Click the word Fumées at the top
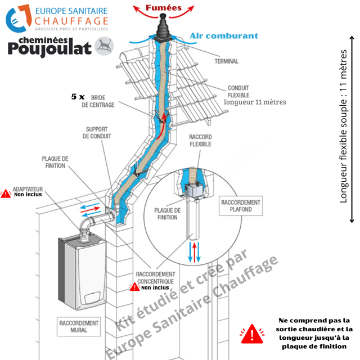[164, 8]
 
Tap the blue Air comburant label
[223, 35]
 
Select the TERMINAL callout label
[226, 61]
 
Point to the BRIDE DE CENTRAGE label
[98, 101]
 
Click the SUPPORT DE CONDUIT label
[97, 133]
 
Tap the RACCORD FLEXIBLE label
[200, 141]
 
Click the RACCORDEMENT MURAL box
[79, 327]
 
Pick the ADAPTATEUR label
[28, 189]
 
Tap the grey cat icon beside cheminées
[104, 45]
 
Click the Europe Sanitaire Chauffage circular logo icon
[17, 19]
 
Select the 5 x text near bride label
[78, 97]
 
